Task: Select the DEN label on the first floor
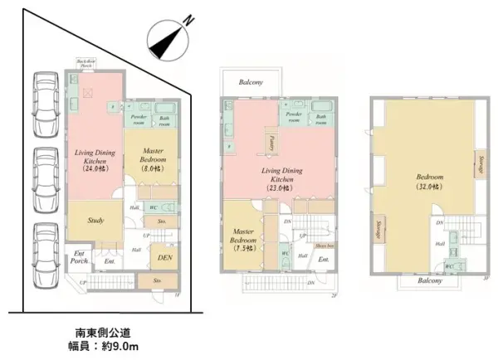(x=164, y=258)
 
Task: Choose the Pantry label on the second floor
(x=271, y=144)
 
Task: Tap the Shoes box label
(x=324, y=246)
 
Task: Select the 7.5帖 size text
(x=244, y=248)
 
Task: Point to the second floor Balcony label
(x=251, y=82)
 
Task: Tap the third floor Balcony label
(x=428, y=280)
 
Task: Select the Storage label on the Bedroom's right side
(x=481, y=166)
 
